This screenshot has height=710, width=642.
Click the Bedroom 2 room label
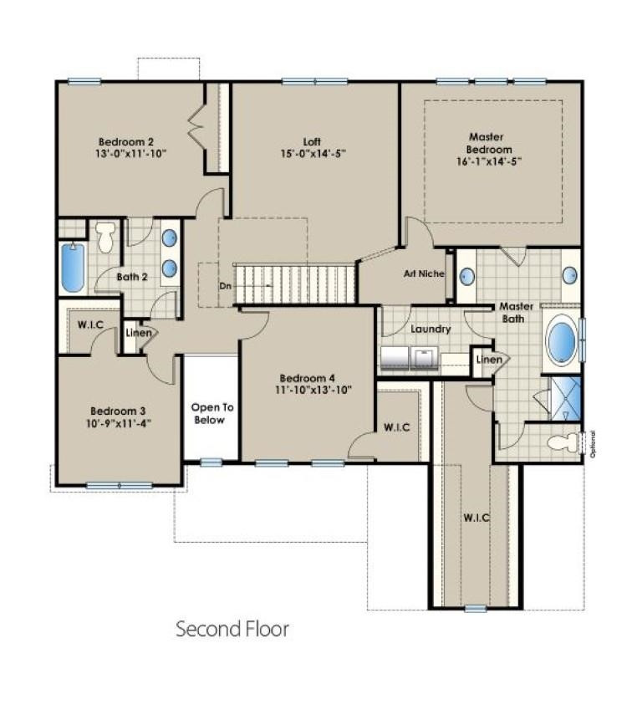(125, 141)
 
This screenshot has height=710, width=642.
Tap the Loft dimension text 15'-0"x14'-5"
(312, 154)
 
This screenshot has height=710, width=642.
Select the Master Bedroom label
(490, 143)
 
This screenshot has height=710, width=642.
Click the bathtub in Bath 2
(73, 267)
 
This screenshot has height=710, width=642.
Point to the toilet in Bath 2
(105, 237)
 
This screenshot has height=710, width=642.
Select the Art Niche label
(424, 273)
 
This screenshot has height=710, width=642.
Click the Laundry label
(431, 329)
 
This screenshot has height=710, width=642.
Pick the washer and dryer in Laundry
(410, 359)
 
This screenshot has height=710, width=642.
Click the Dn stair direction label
(224, 285)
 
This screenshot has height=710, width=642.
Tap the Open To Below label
(209, 414)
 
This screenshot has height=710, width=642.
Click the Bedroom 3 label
(118, 411)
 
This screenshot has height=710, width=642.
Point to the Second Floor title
(232, 629)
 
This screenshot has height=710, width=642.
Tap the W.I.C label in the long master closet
(476, 518)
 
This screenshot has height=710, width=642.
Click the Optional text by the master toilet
(592, 444)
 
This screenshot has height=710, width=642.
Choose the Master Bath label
(517, 312)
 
